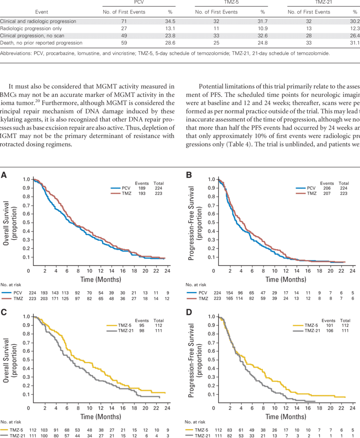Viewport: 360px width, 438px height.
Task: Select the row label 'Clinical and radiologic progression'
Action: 38,21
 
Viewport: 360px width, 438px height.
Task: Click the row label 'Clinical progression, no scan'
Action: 32,36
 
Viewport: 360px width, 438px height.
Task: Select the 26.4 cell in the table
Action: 353,36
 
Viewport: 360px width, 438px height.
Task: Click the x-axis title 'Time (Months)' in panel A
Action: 101,279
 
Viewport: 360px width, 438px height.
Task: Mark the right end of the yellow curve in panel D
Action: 346,397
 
